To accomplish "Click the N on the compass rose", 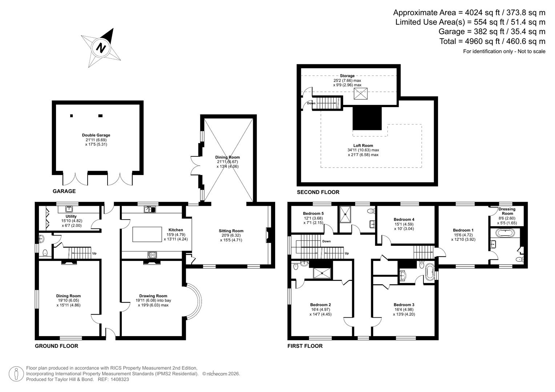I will [x=101, y=48].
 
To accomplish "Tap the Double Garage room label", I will [x=96, y=135].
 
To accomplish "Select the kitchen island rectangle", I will [x=147, y=234].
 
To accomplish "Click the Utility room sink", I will [x=68, y=209].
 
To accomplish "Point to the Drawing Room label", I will [x=153, y=296].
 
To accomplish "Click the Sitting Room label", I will [x=231, y=231].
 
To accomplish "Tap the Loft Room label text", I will [x=363, y=146].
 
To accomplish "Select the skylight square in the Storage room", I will [x=361, y=94].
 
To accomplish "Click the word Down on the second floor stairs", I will [x=311, y=103].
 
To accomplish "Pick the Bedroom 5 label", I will [x=313, y=213].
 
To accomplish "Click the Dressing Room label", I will [x=507, y=211].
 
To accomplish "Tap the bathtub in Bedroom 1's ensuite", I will [x=505, y=233].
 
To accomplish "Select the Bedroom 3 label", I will [x=404, y=305].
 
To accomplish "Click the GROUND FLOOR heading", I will [x=56, y=346].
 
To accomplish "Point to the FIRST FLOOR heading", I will [x=305, y=346].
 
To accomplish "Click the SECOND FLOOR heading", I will [x=318, y=192].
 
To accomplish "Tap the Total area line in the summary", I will [x=492, y=41].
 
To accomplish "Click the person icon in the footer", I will [x=16, y=374].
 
